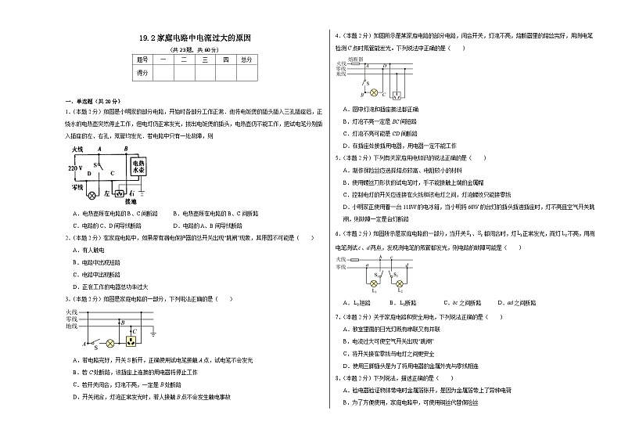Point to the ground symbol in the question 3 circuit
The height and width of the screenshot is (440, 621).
pos(152,336)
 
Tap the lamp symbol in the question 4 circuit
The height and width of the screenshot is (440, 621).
pos(373,91)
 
